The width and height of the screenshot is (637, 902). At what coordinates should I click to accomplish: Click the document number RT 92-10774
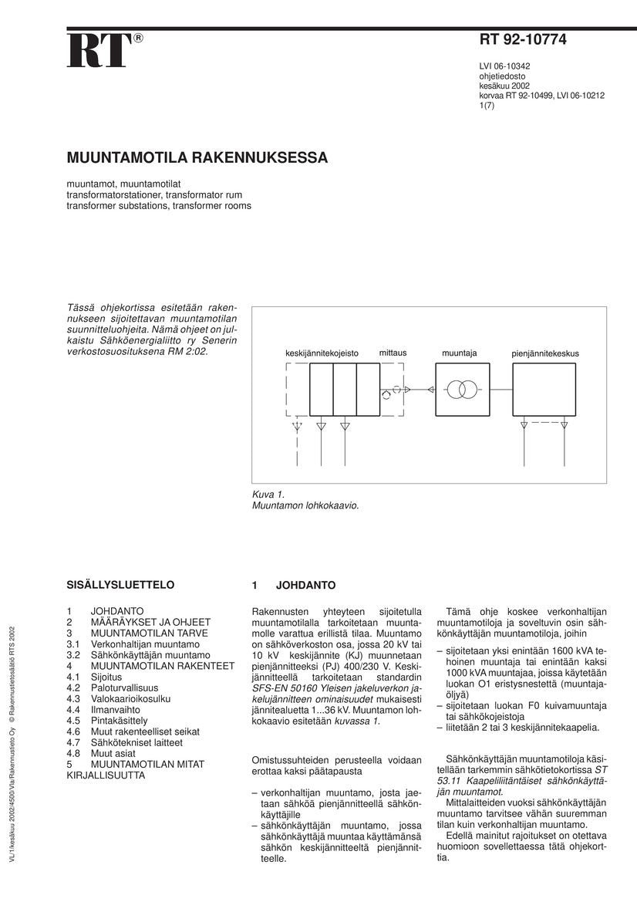click(523, 41)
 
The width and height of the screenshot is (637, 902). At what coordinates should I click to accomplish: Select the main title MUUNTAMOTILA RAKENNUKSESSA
click(197, 158)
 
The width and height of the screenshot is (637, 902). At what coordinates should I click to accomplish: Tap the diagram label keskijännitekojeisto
click(322, 353)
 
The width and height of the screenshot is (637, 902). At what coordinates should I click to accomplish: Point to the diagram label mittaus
click(393, 353)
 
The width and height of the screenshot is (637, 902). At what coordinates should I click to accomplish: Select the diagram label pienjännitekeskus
click(544, 353)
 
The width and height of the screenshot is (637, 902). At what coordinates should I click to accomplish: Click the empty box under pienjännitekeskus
click(544, 390)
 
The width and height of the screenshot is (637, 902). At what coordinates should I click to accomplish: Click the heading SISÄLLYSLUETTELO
click(121, 585)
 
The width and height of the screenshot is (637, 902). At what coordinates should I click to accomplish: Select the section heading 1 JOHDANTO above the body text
click(294, 585)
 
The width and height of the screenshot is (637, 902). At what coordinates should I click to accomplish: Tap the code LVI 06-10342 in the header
click(504, 66)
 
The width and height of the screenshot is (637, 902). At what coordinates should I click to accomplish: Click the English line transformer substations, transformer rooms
click(159, 206)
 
